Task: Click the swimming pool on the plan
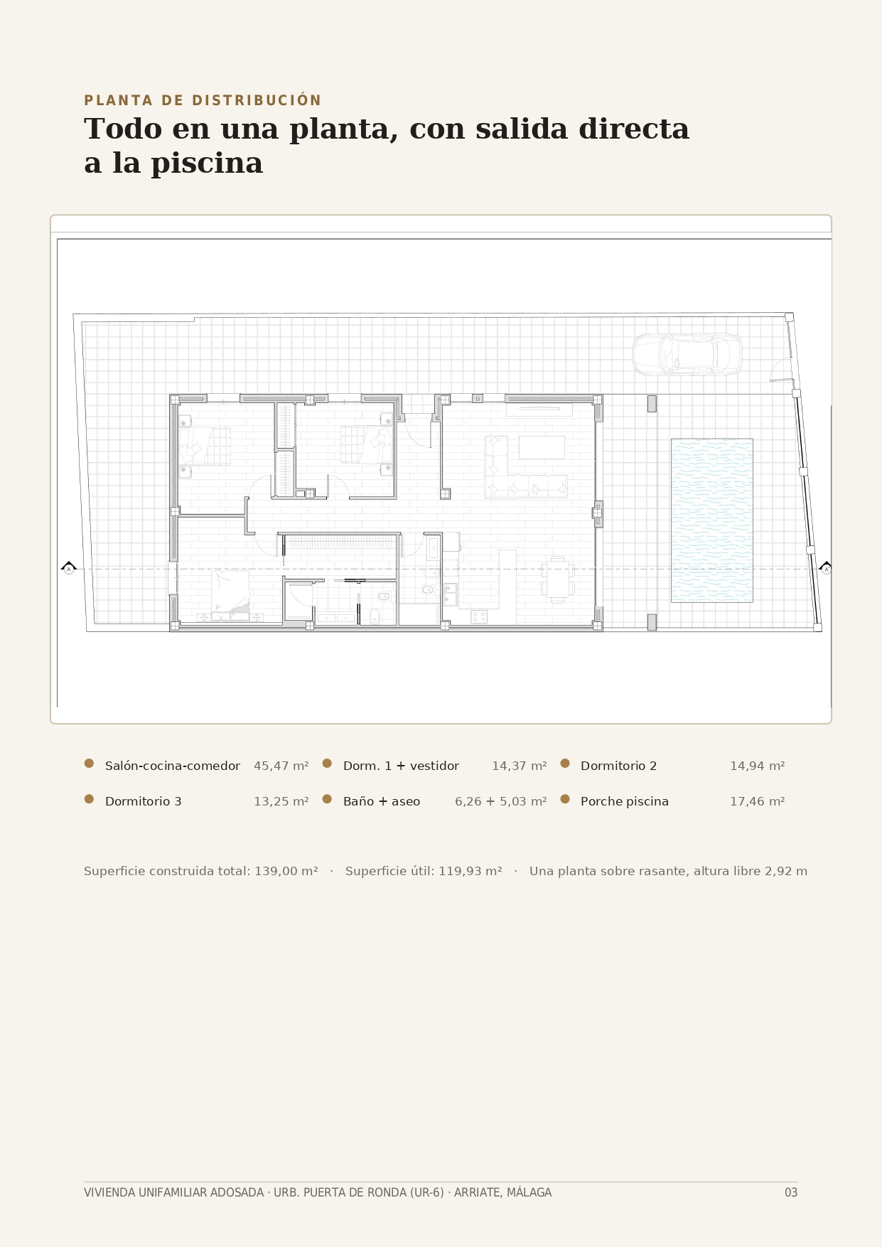point(711,520)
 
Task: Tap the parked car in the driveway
point(687,354)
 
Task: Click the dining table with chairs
point(558,579)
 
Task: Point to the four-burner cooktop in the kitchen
point(479,616)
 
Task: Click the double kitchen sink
point(450,594)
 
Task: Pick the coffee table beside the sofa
point(542,447)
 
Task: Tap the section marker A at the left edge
point(69,568)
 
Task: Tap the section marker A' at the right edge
point(826,568)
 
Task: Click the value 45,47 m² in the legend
point(281,766)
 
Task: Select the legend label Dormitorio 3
point(144,802)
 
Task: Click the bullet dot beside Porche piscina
point(565,799)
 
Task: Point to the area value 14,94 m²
point(758,766)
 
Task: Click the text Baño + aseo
point(382,802)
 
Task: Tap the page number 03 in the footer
point(791,1193)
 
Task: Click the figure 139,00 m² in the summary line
point(286,872)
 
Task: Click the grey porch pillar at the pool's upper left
point(652,404)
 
